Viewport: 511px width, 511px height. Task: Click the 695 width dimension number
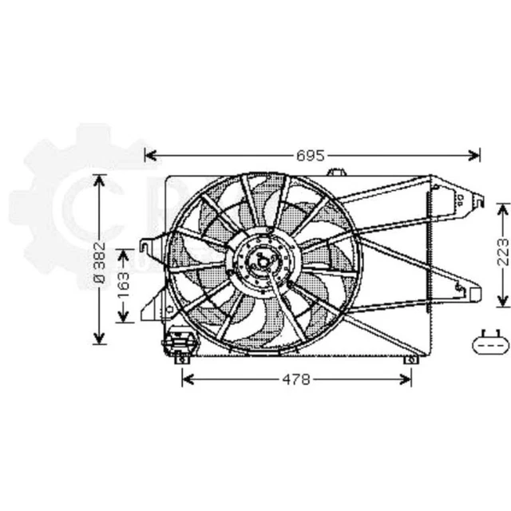312,155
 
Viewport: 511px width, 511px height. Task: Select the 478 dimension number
296,379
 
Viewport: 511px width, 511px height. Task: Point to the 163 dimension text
123,285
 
